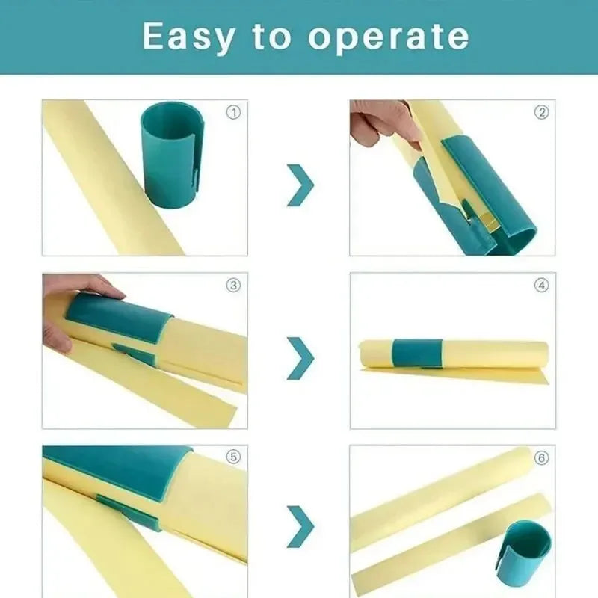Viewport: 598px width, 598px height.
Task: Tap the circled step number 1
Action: [x=233, y=113]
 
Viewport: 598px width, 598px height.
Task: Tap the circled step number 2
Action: [x=541, y=113]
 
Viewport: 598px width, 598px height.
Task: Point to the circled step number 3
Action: [x=233, y=285]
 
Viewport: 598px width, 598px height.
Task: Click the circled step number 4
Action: [x=541, y=285]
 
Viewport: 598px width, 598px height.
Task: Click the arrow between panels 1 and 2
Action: [x=300, y=185]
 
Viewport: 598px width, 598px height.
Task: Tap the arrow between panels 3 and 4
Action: [x=300, y=357]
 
